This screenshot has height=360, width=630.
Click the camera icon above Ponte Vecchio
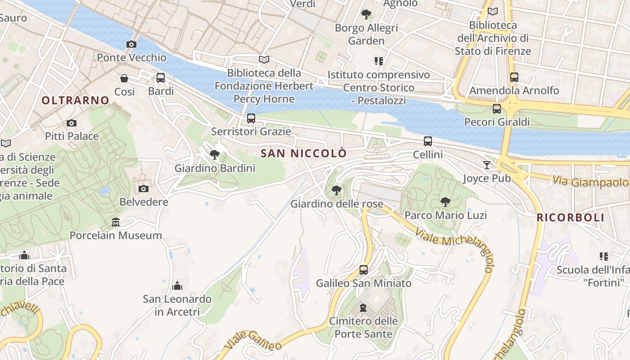131,44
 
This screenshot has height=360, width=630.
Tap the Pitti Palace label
72,136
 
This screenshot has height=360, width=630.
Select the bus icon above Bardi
161,78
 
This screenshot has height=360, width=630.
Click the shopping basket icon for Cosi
124,79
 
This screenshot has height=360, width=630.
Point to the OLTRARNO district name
76,100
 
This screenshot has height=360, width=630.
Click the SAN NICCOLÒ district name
304,153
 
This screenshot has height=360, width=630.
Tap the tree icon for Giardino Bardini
215,155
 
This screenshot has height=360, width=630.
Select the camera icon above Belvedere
144,189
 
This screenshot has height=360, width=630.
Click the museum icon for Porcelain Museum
116,222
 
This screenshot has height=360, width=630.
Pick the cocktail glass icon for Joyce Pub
486,165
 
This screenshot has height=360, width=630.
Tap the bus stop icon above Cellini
428,141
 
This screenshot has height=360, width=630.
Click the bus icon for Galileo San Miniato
364,270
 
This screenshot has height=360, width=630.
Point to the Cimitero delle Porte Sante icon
363,308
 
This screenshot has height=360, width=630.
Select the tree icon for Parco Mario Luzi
445,202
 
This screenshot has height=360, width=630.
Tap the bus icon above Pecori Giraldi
497,109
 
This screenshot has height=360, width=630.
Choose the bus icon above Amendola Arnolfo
514,77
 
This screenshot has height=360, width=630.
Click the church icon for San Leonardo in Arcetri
177,286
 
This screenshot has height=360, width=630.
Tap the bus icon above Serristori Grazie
251,118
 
